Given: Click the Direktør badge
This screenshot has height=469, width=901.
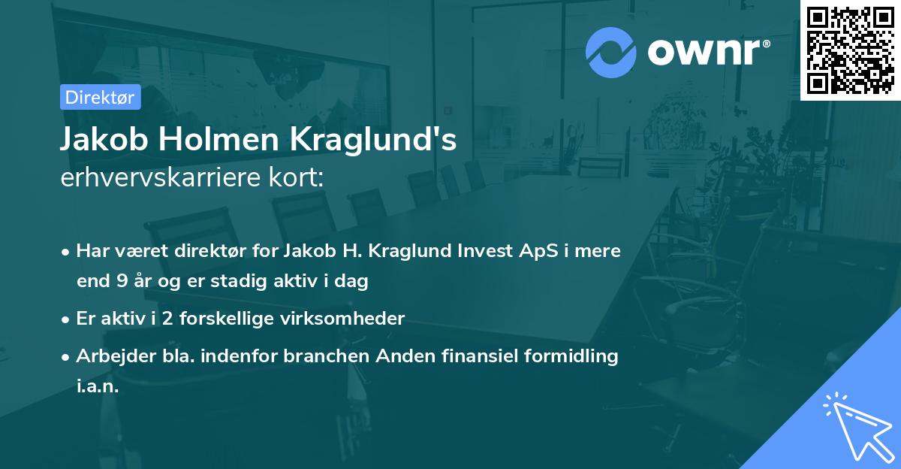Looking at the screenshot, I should point(100,97).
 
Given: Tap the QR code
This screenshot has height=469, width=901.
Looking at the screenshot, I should point(850,50).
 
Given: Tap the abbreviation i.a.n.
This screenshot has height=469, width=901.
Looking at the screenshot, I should point(98,387).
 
